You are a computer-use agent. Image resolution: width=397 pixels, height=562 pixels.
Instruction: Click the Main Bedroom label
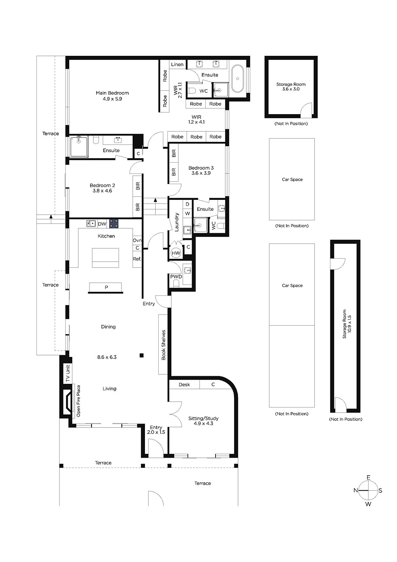click(x=112, y=93)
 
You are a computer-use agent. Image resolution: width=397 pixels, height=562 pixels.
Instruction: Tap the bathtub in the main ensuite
click(x=237, y=79)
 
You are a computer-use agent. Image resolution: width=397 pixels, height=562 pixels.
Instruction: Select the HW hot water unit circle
click(x=176, y=253)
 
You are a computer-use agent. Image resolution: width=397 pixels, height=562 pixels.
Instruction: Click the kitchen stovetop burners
click(x=114, y=223)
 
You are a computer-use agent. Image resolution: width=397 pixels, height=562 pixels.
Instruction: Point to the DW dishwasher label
click(x=102, y=224)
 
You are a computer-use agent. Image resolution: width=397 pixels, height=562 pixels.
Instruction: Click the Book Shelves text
click(x=164, y=345)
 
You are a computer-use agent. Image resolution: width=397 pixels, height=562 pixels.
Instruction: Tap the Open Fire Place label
click(x=79, y=401)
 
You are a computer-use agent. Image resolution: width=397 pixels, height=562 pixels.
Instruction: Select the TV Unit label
click(x=68, y=373)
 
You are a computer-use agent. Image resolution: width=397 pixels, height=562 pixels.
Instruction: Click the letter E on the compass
click(x=368, y=477)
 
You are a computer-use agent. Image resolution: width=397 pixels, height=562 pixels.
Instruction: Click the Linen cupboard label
click(x=177, y=65)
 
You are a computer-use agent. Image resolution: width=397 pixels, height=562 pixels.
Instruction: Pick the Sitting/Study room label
click(x=203, y=418)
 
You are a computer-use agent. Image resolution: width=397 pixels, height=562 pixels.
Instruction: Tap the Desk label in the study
click(x=184, y=385)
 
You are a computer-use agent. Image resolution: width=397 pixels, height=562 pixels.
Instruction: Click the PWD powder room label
click(x=176, y=276)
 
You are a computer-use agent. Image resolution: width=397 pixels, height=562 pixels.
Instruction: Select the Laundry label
click(x=177, y=222)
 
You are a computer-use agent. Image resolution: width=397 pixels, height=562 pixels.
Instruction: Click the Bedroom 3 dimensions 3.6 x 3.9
click(x=201, y=173)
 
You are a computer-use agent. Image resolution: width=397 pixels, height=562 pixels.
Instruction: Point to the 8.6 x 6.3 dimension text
click(x=107, y=357)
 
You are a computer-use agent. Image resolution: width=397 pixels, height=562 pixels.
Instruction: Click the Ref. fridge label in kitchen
click(x=137, y=259)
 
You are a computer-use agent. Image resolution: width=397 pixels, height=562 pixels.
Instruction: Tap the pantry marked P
click(x=106, y=287)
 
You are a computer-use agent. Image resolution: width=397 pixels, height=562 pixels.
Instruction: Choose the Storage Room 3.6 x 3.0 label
click(x=291, y=86)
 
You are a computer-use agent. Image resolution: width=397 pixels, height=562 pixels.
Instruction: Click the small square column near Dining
click(x=142, y=355)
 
